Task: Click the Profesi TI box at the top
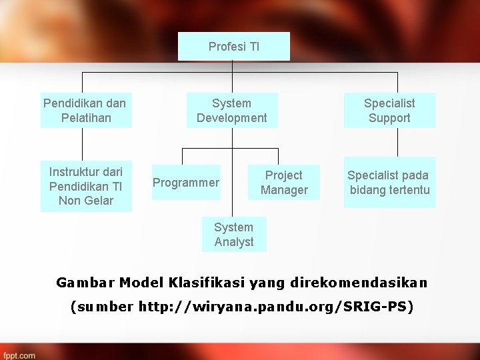[x=234, y=47]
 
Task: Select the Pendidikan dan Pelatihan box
[x=85, y=111]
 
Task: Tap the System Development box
[x=231, y=111]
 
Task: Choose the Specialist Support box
[x=389, y=111]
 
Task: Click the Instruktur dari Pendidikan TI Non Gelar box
[x=86, y=186]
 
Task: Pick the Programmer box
[x=186, y=183]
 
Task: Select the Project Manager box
[x=284, y=183]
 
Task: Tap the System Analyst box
[x=234, y=235]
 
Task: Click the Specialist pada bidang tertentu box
[x=389, y=183]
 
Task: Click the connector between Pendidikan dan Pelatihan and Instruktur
[x=83, y=144]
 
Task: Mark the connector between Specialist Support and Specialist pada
[x=397, y=142]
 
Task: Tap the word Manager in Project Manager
[x=284, y=190]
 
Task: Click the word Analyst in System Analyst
[x=234, y=242]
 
